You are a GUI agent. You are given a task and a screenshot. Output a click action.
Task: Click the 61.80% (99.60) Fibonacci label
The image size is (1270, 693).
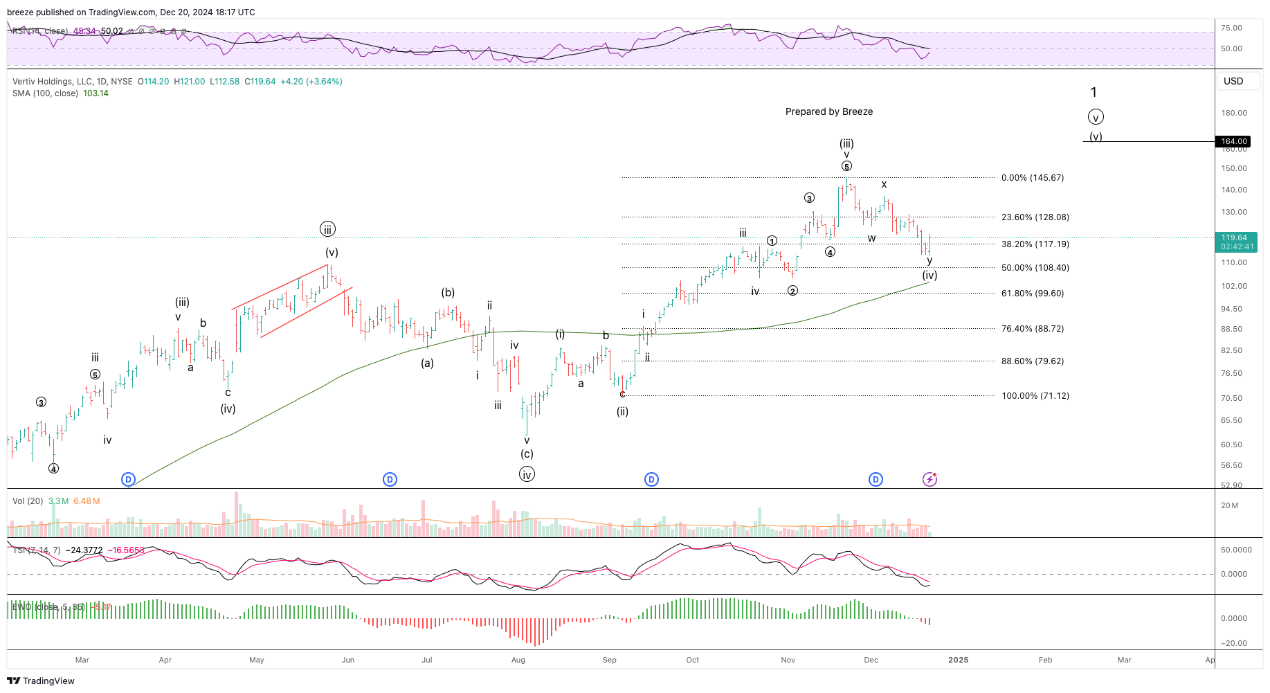(1032, 294)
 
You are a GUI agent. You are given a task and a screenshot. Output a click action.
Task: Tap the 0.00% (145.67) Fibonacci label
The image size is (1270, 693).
(1032, 178)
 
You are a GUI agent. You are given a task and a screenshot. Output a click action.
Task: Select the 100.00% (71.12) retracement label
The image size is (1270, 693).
(1035, 396)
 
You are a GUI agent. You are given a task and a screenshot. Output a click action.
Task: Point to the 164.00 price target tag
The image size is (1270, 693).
(1233, 141)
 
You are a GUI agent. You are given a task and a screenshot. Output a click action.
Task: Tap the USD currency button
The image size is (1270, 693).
(1233, 81)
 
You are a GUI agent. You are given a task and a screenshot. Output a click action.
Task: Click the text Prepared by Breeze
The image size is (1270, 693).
(828, 111)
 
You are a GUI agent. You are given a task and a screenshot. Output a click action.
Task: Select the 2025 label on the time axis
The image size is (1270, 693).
(958, 660)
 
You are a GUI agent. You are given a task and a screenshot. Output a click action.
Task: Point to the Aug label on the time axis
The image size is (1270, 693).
(518, 660)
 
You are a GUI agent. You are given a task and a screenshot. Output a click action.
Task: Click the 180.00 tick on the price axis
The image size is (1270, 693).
(1233, 113)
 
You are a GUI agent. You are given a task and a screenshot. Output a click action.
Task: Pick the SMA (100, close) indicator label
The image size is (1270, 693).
(45, 93)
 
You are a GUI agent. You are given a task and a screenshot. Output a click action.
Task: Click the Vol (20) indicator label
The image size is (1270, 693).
(28, 501)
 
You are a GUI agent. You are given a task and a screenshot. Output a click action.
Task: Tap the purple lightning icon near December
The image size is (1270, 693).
(929, 479)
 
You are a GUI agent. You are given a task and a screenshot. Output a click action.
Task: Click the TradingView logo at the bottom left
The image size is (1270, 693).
(41, 681)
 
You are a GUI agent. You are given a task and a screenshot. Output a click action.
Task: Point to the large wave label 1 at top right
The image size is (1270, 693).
(1094, 92)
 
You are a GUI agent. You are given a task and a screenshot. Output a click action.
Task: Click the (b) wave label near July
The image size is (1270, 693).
(448, 293)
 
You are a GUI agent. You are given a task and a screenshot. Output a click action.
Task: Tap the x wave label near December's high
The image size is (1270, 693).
(884, 184)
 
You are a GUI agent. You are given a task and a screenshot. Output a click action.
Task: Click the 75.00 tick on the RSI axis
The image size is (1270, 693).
(1231, 28)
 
